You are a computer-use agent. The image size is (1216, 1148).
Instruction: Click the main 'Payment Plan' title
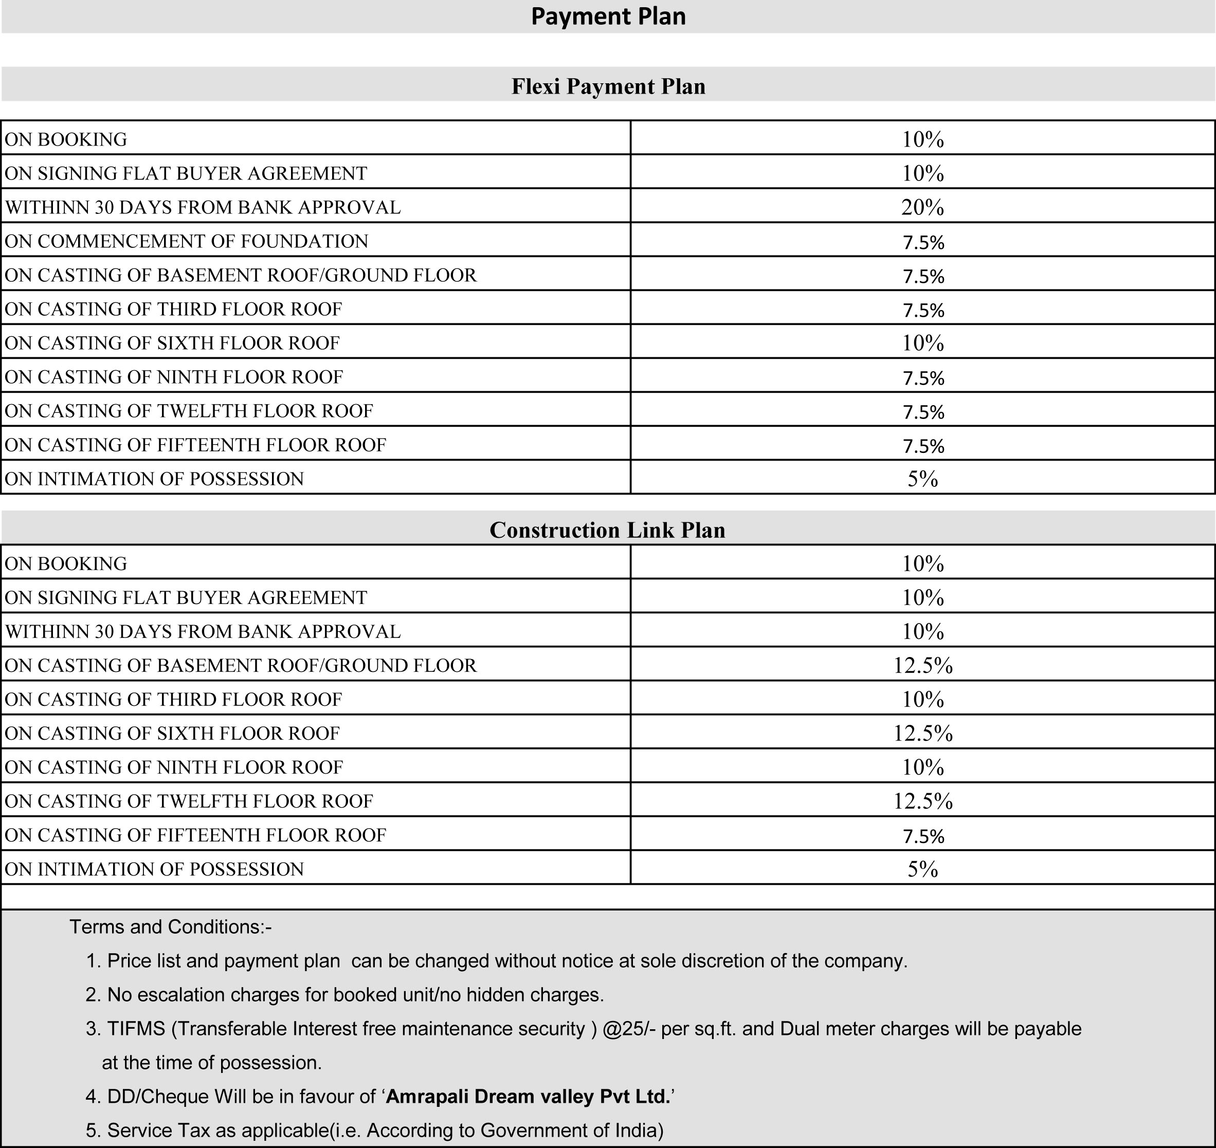tap(608, 16)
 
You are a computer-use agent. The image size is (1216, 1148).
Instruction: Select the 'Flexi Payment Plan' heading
tap(608, 86)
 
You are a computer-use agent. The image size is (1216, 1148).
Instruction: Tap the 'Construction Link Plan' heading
tap(607, 530)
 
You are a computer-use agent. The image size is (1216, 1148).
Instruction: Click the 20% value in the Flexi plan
tap(922, 208)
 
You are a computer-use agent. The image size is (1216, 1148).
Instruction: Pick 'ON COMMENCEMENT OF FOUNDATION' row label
tap(186, 241)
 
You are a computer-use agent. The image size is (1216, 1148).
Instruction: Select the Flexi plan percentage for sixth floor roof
tap(922, 343)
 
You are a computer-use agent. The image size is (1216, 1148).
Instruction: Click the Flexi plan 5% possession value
tap(922, 479)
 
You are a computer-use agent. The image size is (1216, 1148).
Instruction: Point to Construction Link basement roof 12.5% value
tap(922, 665)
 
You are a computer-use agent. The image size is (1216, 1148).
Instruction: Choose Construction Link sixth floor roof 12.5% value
tap(922, 733)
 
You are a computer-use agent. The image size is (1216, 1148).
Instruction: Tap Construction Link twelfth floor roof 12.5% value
tap(922, 801)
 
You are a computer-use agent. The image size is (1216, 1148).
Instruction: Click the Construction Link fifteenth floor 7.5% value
tap(922, 836)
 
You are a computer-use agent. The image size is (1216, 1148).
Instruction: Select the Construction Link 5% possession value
tap(922, 869)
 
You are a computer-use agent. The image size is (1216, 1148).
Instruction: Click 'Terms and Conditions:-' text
tap(170, 926)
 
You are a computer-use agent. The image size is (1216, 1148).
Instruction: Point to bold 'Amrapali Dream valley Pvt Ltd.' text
tap(528, 1096)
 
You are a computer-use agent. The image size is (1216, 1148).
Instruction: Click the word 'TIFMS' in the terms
tap(136, 1029)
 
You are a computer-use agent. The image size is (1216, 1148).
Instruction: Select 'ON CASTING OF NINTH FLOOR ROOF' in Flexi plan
tap(174, 377)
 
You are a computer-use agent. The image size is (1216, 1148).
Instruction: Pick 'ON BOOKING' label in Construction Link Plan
tap(66, 563)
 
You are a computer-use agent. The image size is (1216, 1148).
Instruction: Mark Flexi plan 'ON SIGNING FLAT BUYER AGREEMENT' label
tap(186, 173)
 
